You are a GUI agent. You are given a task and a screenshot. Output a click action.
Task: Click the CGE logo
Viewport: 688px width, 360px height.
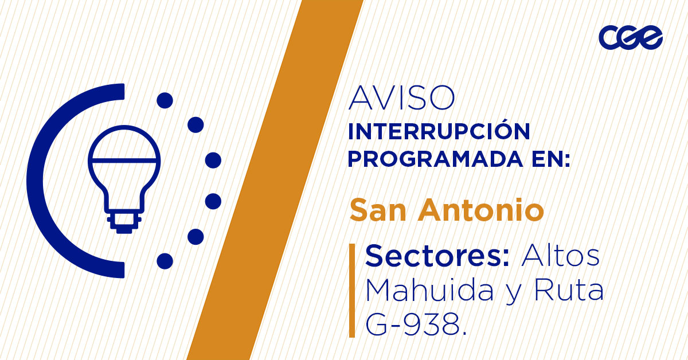point(631,38)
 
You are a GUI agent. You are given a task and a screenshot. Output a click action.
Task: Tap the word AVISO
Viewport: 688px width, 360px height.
point(401,99)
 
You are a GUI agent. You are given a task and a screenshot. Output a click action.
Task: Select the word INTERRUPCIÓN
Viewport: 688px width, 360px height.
point(439,131)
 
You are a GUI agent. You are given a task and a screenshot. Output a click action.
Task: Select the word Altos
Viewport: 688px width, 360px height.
point(560,256)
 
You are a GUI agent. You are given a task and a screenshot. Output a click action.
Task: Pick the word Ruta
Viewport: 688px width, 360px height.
point(569,291)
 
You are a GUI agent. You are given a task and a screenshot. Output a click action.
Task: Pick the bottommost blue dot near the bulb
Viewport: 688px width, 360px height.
point(165,261)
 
